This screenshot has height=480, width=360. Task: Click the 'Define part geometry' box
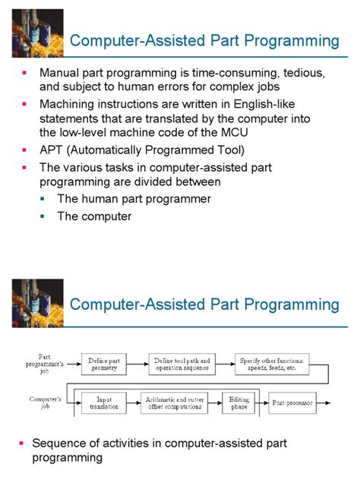[x=105, y=364]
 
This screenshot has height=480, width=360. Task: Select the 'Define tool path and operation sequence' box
[x=183, y=364]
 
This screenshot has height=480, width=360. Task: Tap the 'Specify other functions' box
[x=270, y=364]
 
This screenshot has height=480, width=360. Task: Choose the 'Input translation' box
[x=105, y=403]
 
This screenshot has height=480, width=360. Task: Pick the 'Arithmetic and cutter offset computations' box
[x=174, y=403]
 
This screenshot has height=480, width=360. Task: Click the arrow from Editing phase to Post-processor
[x=261, y=403]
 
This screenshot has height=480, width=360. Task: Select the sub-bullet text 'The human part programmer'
[x=134, y=199]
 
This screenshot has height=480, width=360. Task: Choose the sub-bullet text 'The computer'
[x=94, y=216]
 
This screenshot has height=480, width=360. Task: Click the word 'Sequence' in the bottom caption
[x=58, y=443]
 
